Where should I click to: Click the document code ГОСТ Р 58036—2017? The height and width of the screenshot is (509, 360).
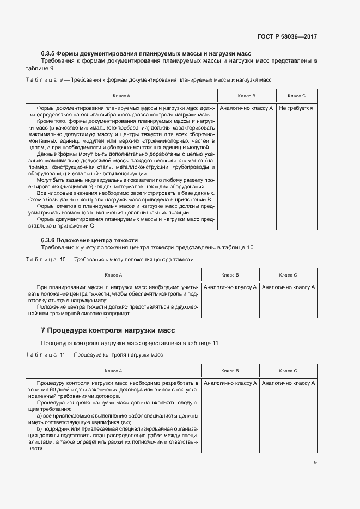(x=286, y=37)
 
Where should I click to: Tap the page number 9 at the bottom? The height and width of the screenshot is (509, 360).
(x=315, y=463)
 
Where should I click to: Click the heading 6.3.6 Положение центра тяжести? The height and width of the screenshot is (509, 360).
(x=89, y=240)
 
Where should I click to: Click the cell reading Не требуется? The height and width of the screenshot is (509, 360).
(x=296, y=108)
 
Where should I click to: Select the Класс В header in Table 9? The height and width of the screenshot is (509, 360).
(x=246, y=96)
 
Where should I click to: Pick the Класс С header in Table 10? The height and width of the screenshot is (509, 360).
(x=288, y=275)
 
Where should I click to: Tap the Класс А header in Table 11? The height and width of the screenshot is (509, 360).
(x=113, y=371)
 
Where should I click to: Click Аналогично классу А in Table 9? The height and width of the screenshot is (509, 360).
(x=246, y=108)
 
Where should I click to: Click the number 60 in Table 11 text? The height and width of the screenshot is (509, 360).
(x=52, y=390)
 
